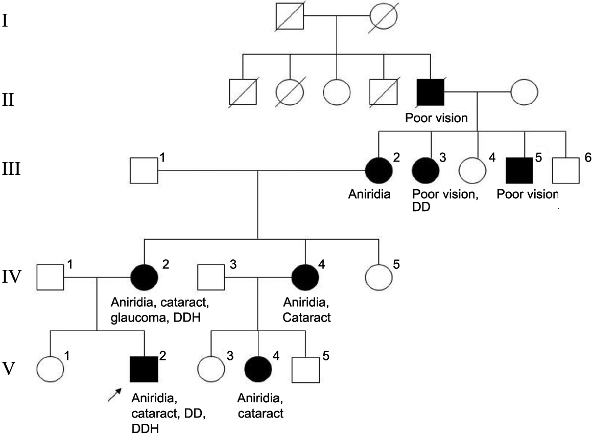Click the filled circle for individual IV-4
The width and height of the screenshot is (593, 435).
pyautogui.click(x=305, y=278)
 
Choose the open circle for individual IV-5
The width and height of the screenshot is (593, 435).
pyautogui.click(x=379, y=278)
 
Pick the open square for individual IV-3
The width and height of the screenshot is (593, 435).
pyautogui.click(x=211, y=278)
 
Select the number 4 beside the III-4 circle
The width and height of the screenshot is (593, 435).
pyautogui.click(x=492, y=158)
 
